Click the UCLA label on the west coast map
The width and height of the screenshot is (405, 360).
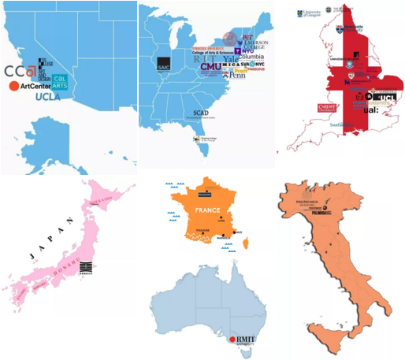tap(48, 97)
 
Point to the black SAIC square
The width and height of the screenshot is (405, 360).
tap(163, 64)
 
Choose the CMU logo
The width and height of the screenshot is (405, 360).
tap(211, 67)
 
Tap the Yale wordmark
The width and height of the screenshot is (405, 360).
tap(231, 58)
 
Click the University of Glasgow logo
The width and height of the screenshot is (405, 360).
tap(308, 13)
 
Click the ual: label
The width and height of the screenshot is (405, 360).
tap(371, 111)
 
